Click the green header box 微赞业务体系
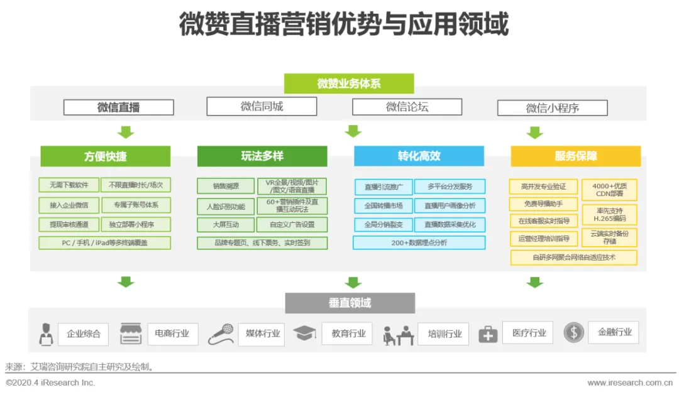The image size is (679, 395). pos(349,84)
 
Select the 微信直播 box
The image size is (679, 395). pos(118,107)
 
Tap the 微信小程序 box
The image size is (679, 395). pos(552,108)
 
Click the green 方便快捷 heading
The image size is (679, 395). pos(105,156)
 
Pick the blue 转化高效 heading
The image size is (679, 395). pos(419,156)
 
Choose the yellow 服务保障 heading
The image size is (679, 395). pos(575,156)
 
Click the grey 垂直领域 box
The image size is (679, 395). pos(350,303)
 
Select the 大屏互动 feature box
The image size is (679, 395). pos(226,224)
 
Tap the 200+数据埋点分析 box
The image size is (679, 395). pos(419,242)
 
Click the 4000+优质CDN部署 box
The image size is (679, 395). pos(609,190)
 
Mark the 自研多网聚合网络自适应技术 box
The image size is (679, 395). pos(573,257)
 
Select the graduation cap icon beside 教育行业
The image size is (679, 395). pos(304,333)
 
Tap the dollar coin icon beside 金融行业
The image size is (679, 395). pos(573,332)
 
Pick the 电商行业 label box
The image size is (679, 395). pos(172,333)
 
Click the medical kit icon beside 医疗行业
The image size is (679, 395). pos(488,334)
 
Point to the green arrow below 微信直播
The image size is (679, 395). pos(126,132)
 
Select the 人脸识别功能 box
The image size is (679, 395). pos(226,205)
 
